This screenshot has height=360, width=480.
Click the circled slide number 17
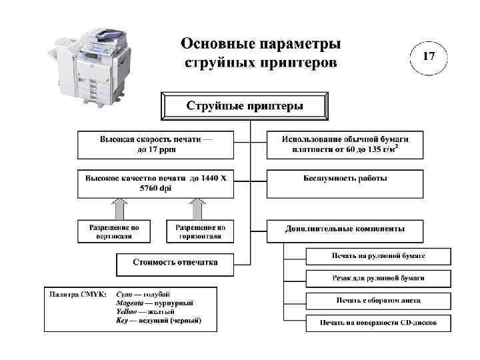tap(429, 56)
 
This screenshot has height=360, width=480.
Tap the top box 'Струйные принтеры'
tap(244, 105)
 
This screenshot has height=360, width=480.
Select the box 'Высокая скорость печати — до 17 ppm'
tap(157, 145)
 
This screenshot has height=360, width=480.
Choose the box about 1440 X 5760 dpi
tap(157, 183)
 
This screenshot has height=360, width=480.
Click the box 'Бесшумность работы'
tap(345, 179)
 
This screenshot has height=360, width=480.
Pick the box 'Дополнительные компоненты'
tap(345, 228)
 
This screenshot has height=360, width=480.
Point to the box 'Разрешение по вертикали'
tap(115, 231)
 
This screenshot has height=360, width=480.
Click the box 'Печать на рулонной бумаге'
tap(378, 256)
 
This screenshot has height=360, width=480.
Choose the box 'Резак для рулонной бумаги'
tap(378, 278)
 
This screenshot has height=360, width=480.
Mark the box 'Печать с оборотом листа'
tap(378, 300)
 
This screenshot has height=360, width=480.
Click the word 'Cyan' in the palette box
tap(124, 294)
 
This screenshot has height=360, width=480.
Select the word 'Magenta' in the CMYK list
tap(129, 303)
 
